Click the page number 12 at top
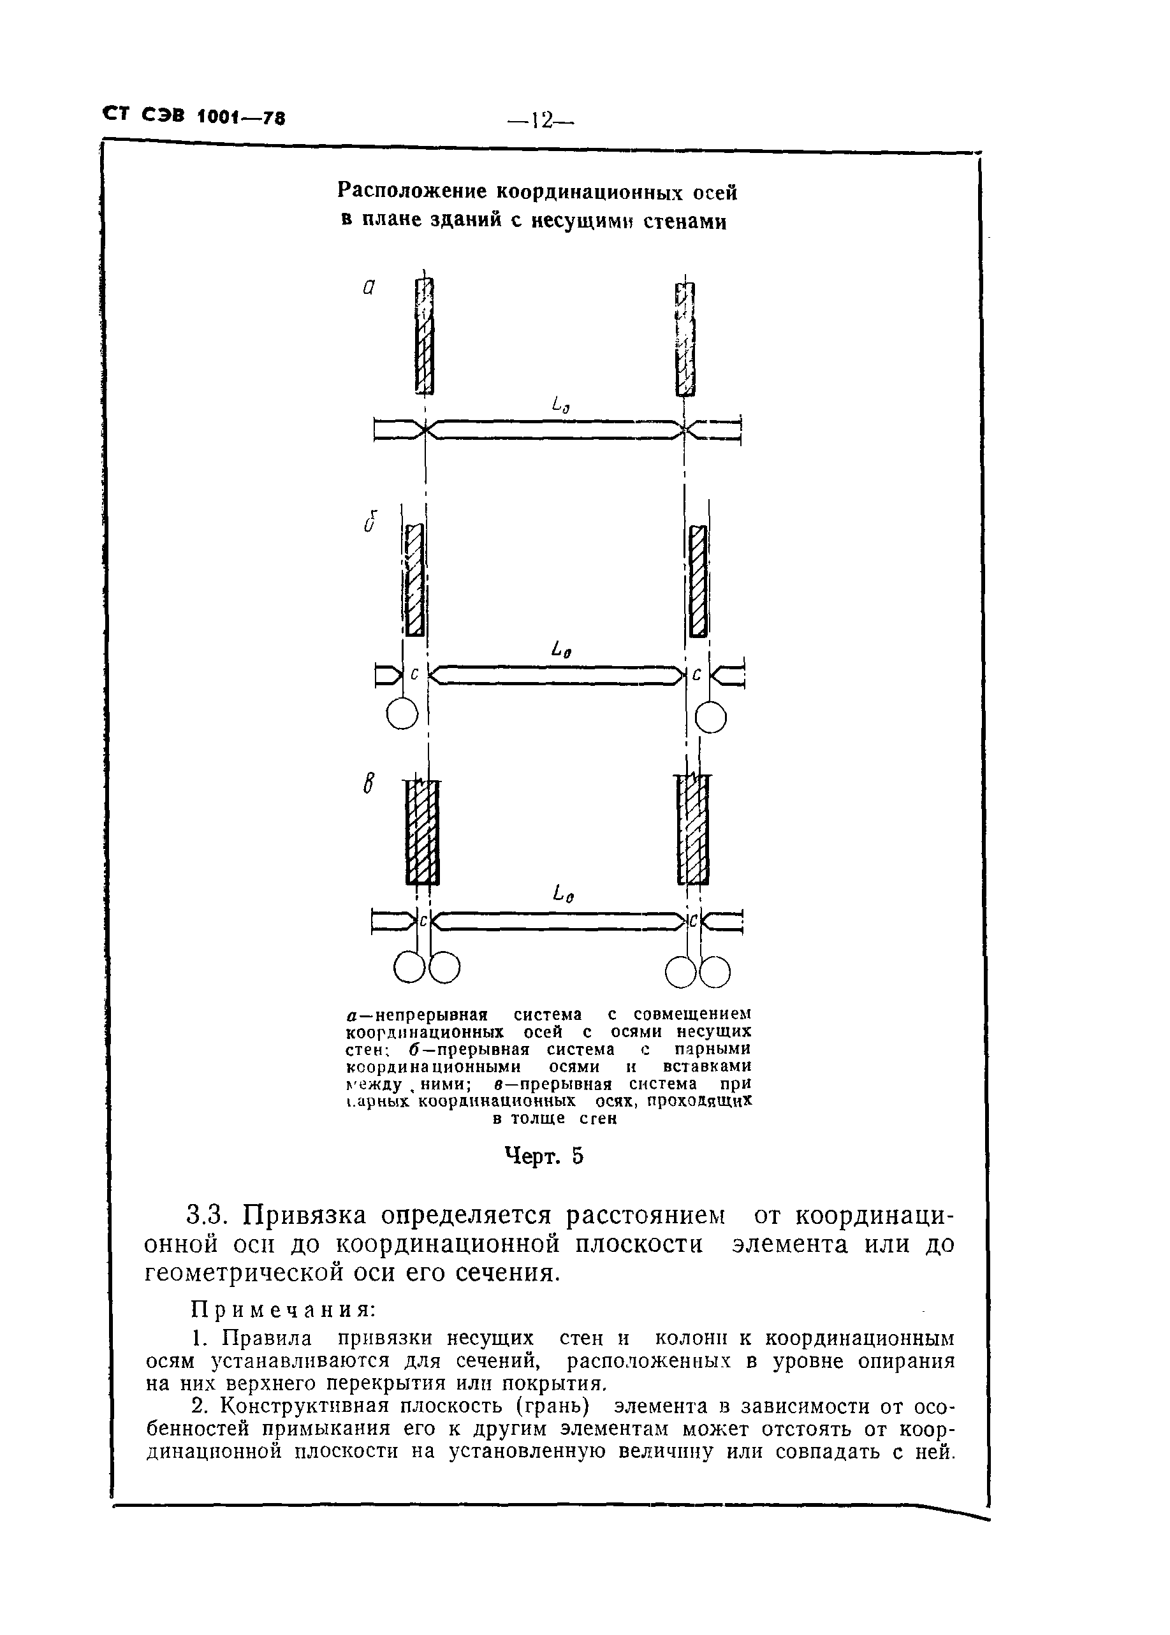point(539,120)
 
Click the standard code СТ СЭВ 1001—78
point(194,116)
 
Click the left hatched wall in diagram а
point(425,337)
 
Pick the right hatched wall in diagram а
point(685,338)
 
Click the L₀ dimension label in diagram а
point(560,407)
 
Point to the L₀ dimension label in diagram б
point(562,651)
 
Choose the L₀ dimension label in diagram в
point(562,896)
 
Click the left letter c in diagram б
point(414,675)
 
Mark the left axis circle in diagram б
point(402,715)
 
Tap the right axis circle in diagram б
point(710,718)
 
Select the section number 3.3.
point(207,1215)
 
